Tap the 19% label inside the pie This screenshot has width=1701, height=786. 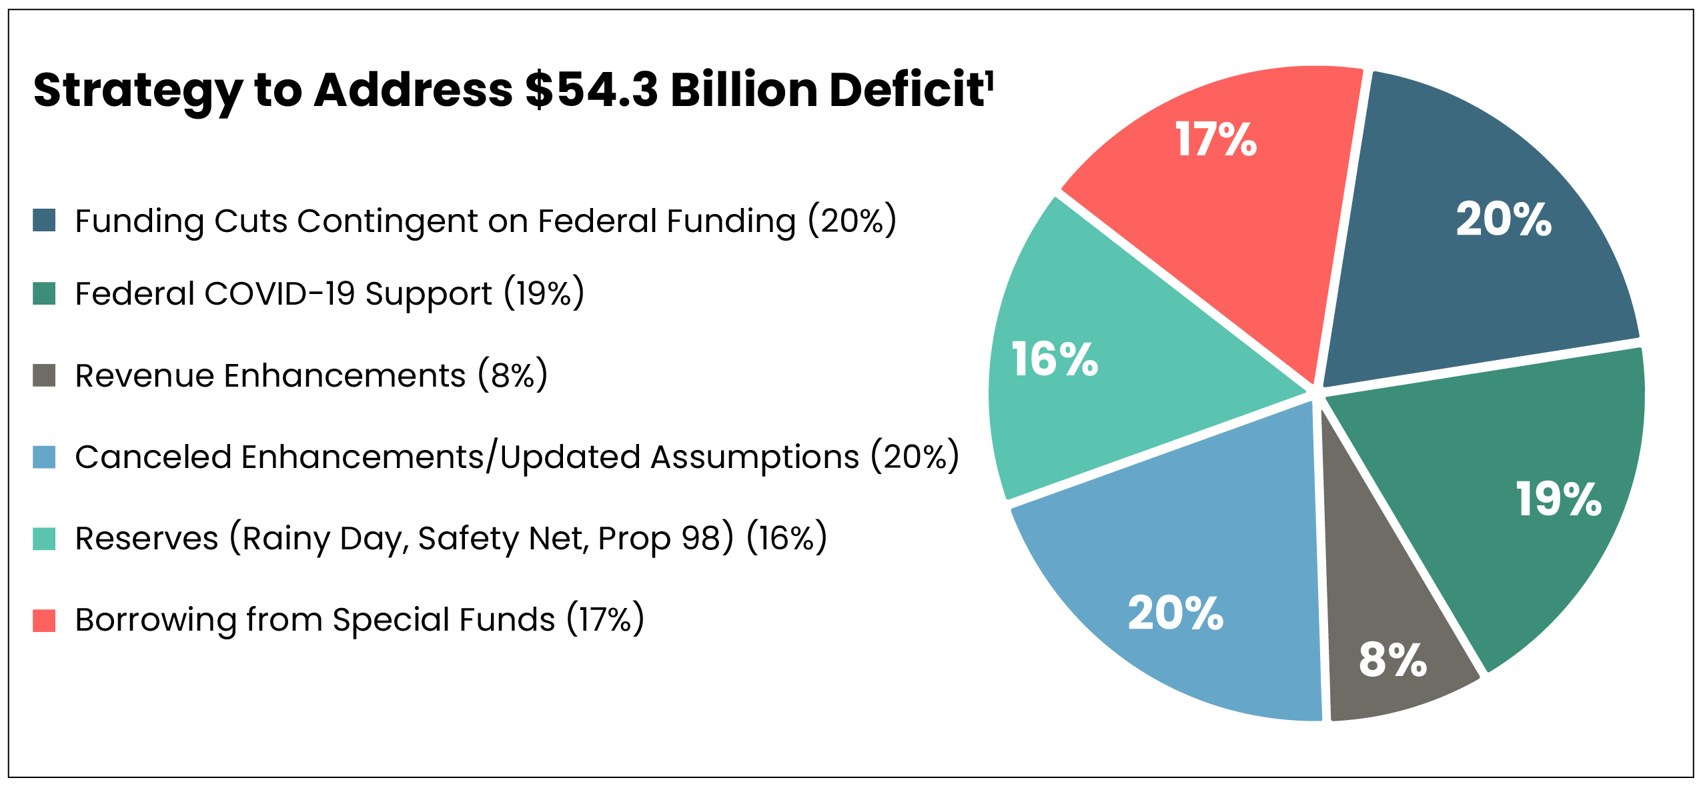[x=1558, y=499]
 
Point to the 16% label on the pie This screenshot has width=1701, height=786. [x=1055, y=359]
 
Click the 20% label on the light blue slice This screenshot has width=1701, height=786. [x=1175, y=613]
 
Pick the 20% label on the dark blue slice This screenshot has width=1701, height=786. [x=1504, y=219]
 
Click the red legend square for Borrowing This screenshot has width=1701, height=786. [x=44, y=620]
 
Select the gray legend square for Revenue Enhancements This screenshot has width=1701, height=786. [x=44, y=375]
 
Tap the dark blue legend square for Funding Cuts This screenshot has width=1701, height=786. [x=44, y=220]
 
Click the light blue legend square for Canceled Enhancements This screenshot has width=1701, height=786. [x=44, y=457]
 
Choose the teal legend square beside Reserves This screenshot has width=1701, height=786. [x=44, y=539]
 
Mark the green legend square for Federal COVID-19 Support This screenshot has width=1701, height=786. [x=44, y=293]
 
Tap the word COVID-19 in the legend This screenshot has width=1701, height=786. [x=279, y=293]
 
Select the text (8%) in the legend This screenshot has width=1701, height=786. [x=512, y=375]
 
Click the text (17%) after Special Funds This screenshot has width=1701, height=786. [x=605, y=620]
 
